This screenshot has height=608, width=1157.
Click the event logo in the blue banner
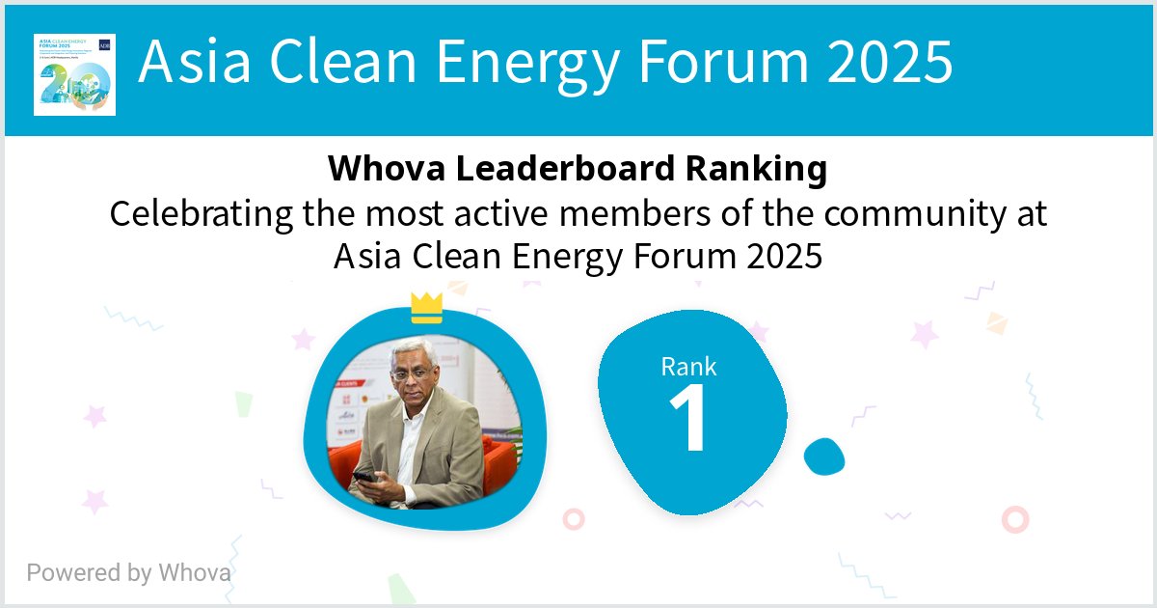(74, 74)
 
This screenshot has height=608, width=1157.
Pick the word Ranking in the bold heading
(756, 170)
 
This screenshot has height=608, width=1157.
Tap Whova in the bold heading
(388, 170)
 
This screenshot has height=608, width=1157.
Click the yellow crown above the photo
(426, 308)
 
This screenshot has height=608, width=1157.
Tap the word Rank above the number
(688, 366)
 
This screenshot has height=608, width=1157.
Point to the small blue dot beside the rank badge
(824, 456)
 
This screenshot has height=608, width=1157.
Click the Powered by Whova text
(128, 572)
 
